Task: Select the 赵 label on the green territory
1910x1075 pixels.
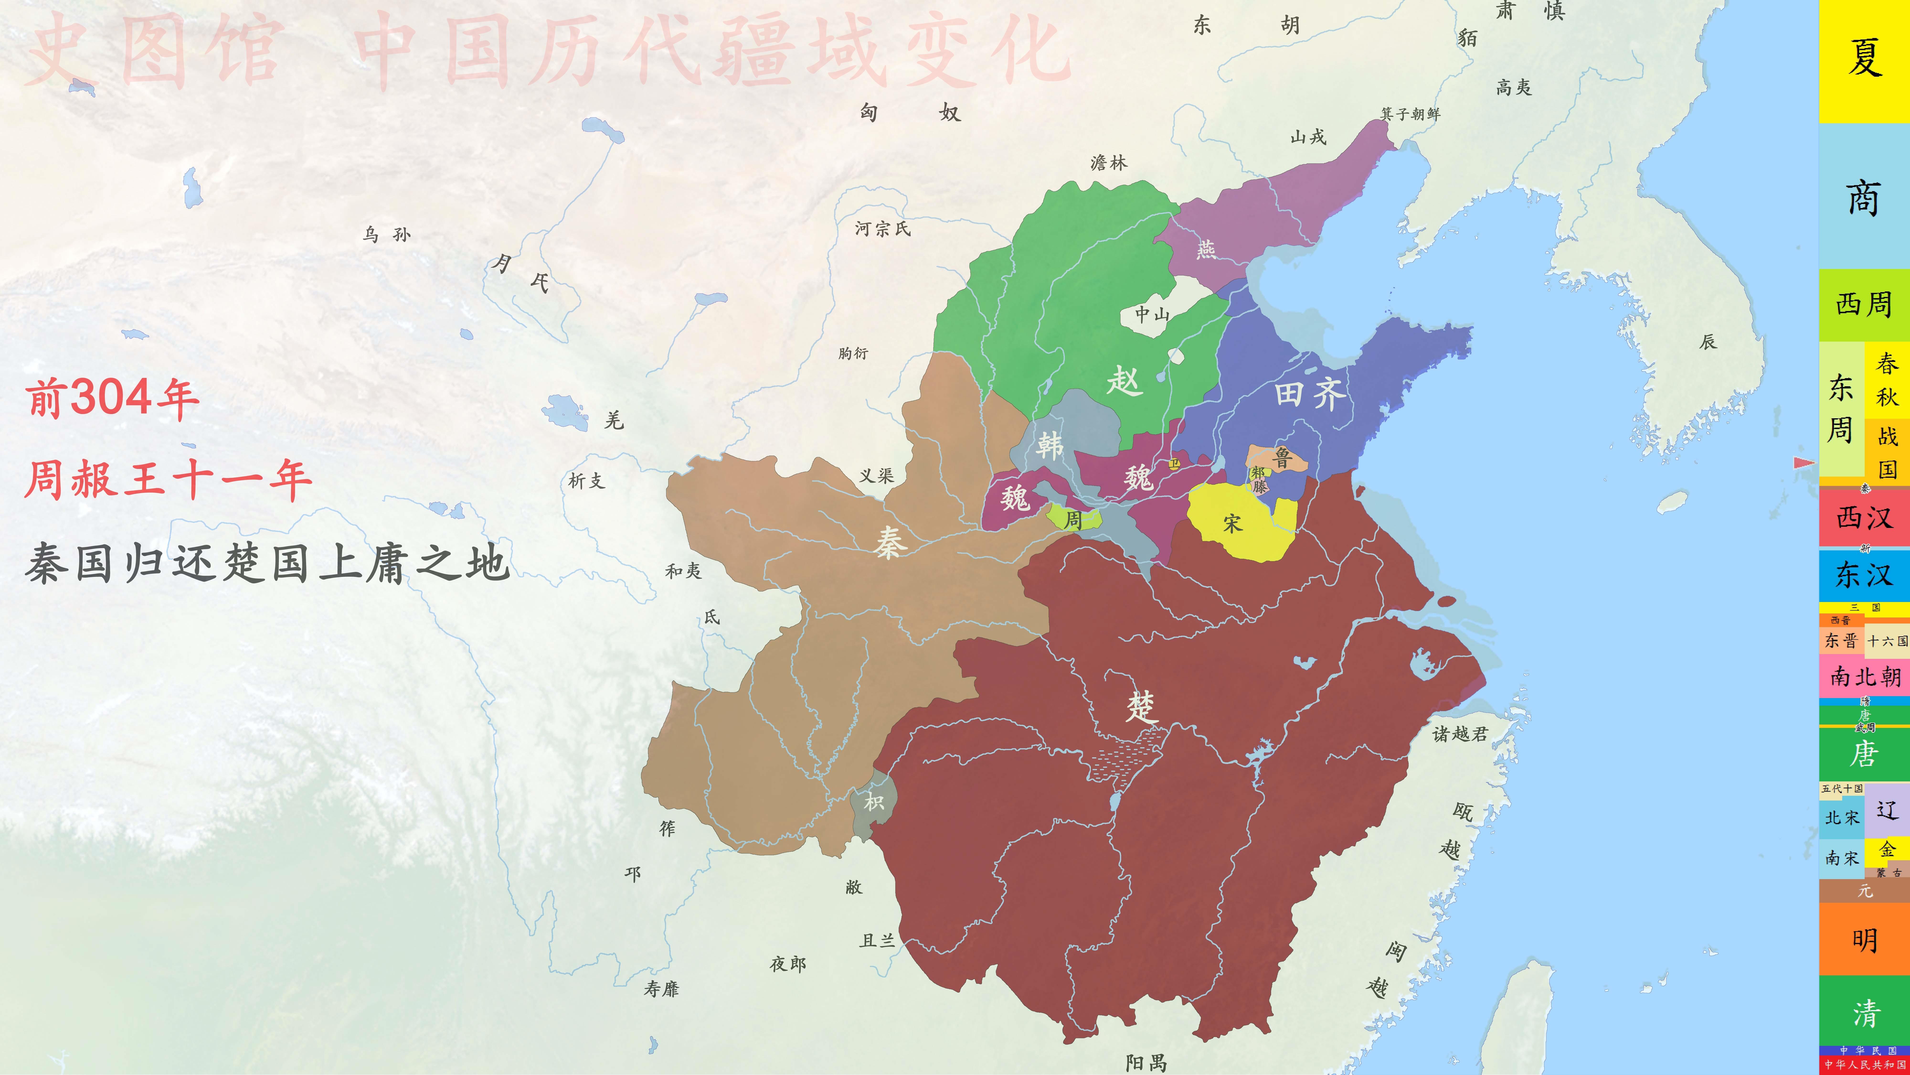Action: tap(1124, 381)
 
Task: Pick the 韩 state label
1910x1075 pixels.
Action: tap(1050, 445)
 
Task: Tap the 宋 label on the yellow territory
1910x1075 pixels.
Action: tap(1232, 524)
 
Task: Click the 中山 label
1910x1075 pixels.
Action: tap(1152, 315)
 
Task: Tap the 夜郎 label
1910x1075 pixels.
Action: tap(787, 964)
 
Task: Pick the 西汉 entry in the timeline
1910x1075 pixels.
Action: tap(1864, 517)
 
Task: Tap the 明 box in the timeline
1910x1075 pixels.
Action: tap(1864, 941)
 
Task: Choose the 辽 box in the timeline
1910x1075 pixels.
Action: tap(1887, 809)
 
